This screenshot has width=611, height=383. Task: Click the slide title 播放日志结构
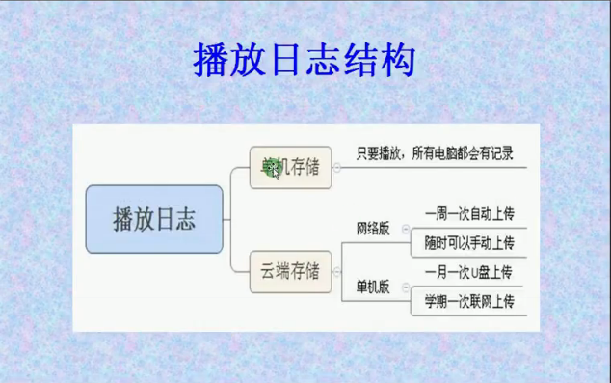(x=305, y=60)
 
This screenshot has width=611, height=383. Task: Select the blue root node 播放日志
(x=154, y=220)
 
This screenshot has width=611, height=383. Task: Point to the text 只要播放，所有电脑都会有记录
(x=434, y=153)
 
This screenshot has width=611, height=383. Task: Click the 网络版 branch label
(x=373, y=229)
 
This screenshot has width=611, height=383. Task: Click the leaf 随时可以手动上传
(x=469, y=243)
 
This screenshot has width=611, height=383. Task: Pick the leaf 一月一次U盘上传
(x=469, y=273)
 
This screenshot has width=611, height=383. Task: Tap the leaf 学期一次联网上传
(x=469, y=301)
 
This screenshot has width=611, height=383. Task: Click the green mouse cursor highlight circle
(x=273, y=171)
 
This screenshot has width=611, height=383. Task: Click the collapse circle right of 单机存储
(x=336, y=167)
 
